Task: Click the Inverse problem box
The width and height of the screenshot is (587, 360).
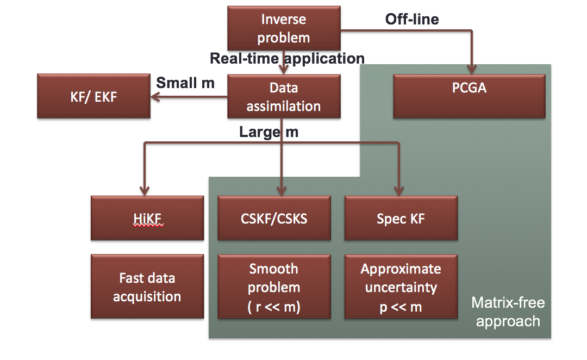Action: [x=284, y=28]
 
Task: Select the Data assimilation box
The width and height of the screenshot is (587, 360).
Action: [x=284, y=97]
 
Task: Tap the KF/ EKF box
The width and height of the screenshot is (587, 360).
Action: [x=93, y=97]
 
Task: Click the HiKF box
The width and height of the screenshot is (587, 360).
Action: [x=147, y=218]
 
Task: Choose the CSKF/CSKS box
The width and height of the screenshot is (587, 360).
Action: [x=274, y=218]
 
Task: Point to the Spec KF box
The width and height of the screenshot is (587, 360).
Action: [x=401, y=218]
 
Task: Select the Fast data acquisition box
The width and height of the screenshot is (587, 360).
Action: [x=147, y=287]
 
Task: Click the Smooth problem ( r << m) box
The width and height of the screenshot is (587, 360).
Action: [x=274, y=287]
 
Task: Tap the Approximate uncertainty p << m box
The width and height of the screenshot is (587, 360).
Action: [x=401, y=287]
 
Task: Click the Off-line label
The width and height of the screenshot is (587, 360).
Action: [x=412, y=20]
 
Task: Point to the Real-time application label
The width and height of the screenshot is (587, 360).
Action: [x=287, y=58]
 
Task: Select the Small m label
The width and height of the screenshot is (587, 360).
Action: [x=185, y=83]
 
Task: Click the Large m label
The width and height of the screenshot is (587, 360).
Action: [x=268, y=132]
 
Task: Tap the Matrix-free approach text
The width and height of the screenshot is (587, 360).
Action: [x=508, y=312]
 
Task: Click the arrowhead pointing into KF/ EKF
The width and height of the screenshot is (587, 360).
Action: [x=155, y=97]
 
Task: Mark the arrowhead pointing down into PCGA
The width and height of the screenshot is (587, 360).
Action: [x=472, y=69]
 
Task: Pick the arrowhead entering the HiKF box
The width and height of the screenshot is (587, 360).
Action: [x=144, y=191]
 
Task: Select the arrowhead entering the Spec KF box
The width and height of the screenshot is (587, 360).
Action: [x=399, y=191]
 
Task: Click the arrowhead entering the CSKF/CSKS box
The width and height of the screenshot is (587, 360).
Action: [x=282, y=191]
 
